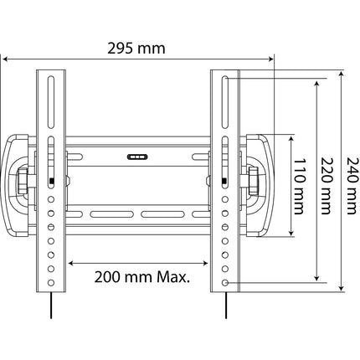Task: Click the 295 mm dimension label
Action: coord(136,49)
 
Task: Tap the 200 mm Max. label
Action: coord(142,277)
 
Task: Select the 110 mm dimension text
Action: coord(299,187)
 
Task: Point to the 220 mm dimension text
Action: coord(326,186)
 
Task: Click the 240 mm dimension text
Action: coord(352,186)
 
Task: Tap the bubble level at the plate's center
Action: coord(137,157)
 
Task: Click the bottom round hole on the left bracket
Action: coord(51,283)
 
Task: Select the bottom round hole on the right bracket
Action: coord(225,283)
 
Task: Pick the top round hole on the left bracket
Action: coord(51,199)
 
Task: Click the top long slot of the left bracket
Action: coord(51,102)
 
